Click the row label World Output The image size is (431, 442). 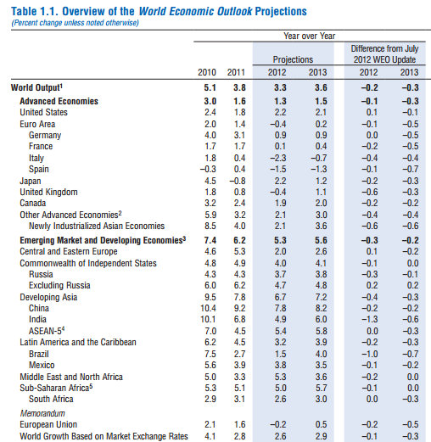tap(36, 87)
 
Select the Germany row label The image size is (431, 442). tap(45, 135)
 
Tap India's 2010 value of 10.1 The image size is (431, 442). tap(208, 319)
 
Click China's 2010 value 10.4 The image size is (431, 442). tap(208, 308)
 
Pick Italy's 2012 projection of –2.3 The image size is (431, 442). tap(277, 158)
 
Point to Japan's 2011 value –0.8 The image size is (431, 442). tap(237, 181)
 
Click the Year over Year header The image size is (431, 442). tap(310, 36)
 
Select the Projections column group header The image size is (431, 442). tap(293, 59)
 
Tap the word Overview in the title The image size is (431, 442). tap(84, 11)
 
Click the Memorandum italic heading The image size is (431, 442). tap(42, 413)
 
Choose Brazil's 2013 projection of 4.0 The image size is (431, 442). tap(321, 354)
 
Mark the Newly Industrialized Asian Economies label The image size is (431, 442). tap(97, 226)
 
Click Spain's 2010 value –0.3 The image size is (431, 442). tap(208, 169)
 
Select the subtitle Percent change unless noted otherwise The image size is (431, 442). tap(76, 23)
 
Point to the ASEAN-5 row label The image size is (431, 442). tap(47, 331)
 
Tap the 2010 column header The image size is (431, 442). tap(207, 72)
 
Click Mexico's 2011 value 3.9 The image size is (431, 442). tap(239, 365)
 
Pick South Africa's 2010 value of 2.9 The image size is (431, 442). tap(210, 399)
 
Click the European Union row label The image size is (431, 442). tap(48, 424)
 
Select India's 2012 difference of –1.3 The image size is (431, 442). tap(370, 319)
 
